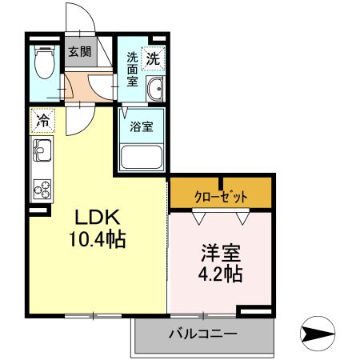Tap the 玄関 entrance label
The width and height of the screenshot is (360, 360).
78,52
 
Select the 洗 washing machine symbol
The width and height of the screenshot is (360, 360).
153,58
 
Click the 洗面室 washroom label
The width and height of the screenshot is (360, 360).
132,70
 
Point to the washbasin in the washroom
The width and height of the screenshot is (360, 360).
154,89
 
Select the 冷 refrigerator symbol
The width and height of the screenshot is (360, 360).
41,121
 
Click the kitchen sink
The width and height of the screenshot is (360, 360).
42,150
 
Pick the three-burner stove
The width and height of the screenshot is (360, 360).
42,189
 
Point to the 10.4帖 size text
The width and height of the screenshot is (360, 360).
98,239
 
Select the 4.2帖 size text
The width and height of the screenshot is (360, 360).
221,274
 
